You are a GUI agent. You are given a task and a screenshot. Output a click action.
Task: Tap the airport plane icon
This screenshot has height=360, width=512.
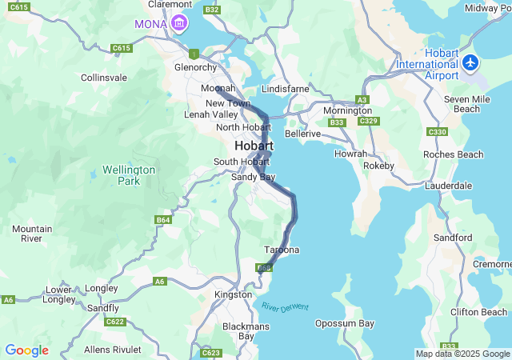click(470, 62)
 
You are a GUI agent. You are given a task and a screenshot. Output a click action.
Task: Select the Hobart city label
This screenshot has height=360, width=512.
click(254, 146)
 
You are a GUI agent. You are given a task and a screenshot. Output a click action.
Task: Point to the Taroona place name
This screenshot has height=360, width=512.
click(282, 250)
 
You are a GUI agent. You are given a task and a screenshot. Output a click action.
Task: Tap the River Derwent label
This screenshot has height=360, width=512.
click(284, 306)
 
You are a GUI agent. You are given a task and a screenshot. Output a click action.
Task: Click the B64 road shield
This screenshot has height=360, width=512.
click(163, 219)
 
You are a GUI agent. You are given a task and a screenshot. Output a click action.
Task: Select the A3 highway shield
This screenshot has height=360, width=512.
click(362, 99)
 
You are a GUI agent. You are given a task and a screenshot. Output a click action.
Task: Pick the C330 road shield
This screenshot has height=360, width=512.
click(438, 131)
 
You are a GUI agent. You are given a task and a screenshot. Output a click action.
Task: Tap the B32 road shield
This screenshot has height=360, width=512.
click(212, 10)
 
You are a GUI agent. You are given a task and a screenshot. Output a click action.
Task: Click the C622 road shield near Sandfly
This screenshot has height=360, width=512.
click(115, 322)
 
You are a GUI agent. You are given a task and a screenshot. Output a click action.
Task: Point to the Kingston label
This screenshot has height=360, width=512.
click(233, 294)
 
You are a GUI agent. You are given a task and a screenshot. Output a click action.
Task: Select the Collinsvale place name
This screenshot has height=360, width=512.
click(104, 78)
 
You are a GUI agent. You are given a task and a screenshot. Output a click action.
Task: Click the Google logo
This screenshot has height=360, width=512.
click(26, 350)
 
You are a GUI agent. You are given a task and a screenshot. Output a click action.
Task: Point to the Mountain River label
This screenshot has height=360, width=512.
click(32, 234)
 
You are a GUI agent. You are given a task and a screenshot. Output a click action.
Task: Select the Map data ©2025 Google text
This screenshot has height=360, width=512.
click(462, 354)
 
